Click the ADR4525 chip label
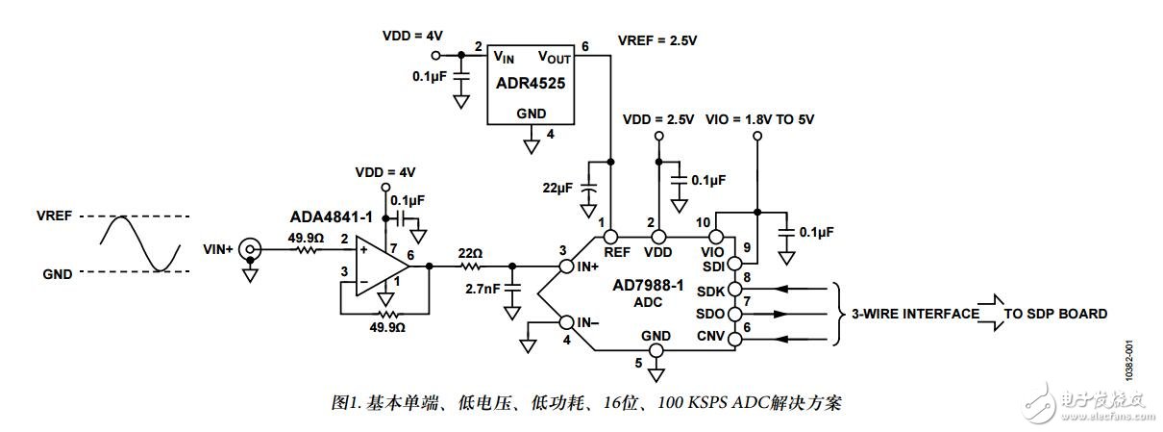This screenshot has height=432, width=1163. tap(530, 83)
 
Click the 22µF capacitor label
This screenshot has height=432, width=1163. tap(559, 189)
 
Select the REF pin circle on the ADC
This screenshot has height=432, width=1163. tap(611, 235)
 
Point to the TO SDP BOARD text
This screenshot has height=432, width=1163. tap(1055, 314)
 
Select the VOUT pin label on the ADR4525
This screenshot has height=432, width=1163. tap(555, 57)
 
